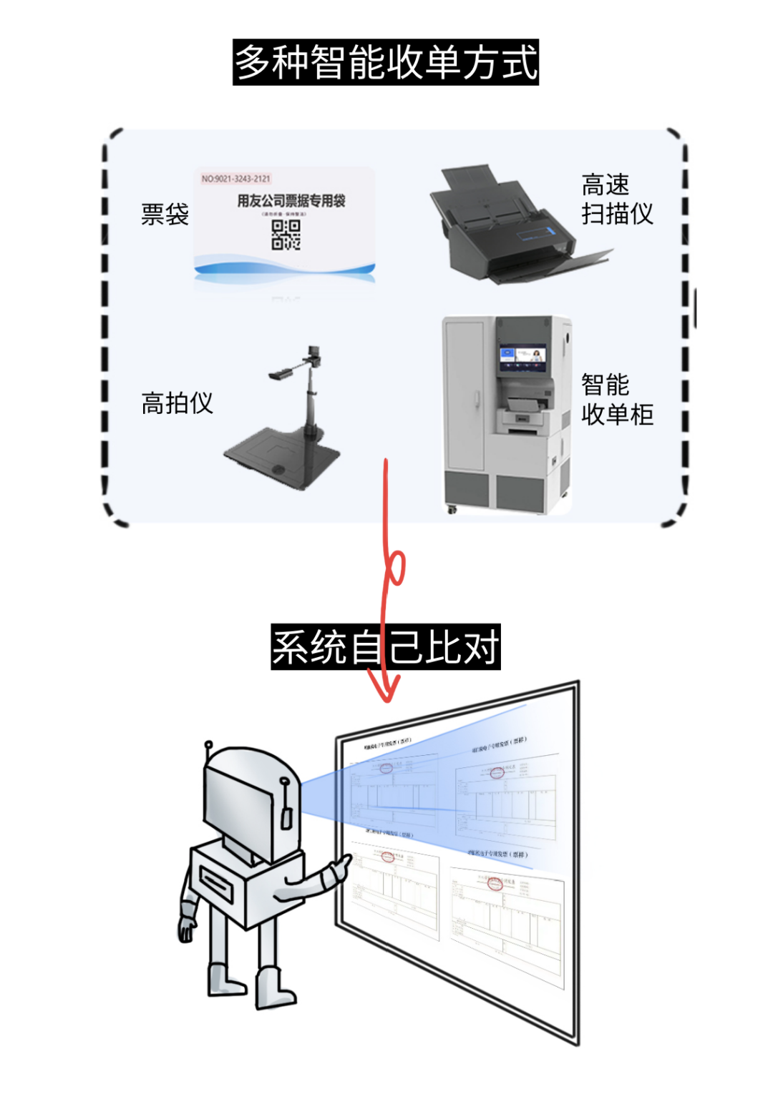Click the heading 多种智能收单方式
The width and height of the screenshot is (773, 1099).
pyautogui.click(x=386, y=62)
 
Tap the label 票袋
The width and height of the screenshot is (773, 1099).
pyautogui.click(x=165, y=214)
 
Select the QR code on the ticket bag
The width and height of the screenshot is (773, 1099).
pyautogui.click(x=286, y=235)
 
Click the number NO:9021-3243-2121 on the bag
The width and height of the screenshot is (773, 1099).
pyautogui.click(x=235, y=179)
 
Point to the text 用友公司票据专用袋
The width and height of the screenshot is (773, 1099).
pyautogui.click(x=291, y=201)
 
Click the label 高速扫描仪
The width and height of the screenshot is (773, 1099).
pyautogui.click(x=616, y=199)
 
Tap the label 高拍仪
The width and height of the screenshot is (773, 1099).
pyautogui.click(x=177, y=403)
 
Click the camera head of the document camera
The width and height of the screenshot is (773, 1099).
pyautogui.click(x=313, y=353)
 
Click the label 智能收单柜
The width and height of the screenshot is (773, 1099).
pyautogui.click(x=616, y=400)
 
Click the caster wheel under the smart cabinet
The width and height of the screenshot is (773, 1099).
pyautogui.click(x=452, y=510)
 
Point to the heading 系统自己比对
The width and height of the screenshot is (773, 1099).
pyautogui.click(x=385, y=647)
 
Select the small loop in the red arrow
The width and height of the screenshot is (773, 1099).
pyautogui.click(x=396, y=568)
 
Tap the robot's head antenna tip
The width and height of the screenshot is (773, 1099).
pyautogui.click(x=208, y=745)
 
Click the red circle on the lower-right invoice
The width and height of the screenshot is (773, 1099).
pyautogui.click(x=495, y=884)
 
